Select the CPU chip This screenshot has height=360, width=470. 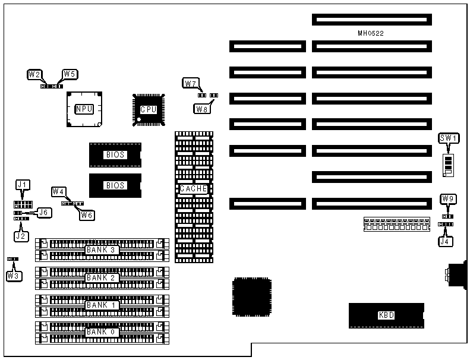(148, 109)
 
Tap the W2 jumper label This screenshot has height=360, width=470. (34, 75)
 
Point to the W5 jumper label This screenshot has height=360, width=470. (70, 75)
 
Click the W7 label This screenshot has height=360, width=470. (190, 83)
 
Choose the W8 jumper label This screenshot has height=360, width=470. (201, 108)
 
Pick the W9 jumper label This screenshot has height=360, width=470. (449, 198)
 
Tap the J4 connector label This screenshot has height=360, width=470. (445, 241)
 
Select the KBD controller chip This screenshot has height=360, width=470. (386, 315)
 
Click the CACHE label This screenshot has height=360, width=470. (194, 189)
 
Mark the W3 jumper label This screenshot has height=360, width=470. (12, 276)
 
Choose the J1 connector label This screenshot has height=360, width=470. (23, 185)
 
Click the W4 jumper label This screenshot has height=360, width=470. (58, 191)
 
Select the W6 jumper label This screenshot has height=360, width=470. (87, 214)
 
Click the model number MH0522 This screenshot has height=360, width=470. (371, 33)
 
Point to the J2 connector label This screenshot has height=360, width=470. (21, 236)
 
